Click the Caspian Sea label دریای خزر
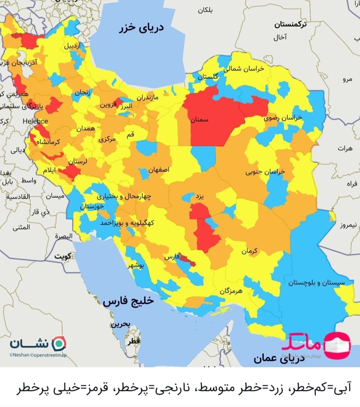click(x=142, y=28)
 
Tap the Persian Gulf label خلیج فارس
click(x=128, y=301)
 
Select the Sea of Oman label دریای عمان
click(x=279, y=358)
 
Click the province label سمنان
click(x=199, y=119)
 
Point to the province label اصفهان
click(x=159, y=170)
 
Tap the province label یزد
click(x=199, y=197)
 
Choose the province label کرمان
click(x=249, y=251)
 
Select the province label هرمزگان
click(x=231, y=291)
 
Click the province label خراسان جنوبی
click(x=265, y=172)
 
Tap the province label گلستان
click(x=208, y=77)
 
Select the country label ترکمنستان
click(x=290, y=24)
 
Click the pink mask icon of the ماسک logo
click(x=337, y=345)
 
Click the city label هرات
click(x=345, y=149)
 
